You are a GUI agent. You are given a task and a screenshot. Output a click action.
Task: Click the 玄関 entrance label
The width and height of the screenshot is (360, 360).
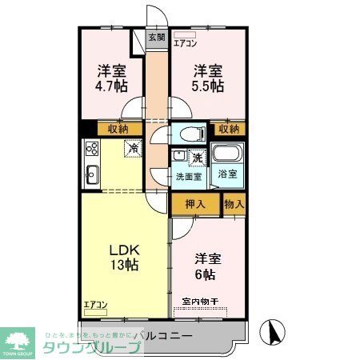(x=157, y=38)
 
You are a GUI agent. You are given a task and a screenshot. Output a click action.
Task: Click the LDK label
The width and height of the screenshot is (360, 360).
(x=123, y=248)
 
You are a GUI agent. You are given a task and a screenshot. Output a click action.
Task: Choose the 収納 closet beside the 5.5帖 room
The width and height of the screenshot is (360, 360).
(x=228, y=128)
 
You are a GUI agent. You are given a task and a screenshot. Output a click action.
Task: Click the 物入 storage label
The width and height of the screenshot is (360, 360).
(x=234, y=204)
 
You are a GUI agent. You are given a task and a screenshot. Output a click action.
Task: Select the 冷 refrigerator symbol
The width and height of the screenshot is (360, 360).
(x=133, y=148)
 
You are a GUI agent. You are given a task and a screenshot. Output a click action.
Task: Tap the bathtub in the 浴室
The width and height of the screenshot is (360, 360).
(x=227, y=154)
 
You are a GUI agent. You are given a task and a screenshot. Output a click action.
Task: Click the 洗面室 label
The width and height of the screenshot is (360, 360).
(x=189, y=176)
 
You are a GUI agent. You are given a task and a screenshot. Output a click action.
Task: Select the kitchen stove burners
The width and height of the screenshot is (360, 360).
(x=90, y=149)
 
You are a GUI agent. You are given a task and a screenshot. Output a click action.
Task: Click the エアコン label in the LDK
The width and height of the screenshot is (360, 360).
(x=95, y=305)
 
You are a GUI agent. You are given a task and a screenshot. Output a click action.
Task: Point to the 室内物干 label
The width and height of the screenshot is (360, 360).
(x=200, y=302)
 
